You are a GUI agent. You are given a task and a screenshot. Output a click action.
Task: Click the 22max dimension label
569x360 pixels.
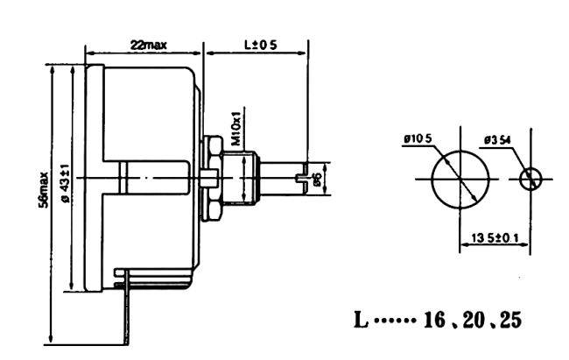[144, 44]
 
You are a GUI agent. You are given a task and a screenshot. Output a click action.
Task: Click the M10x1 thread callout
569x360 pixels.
[235, 129]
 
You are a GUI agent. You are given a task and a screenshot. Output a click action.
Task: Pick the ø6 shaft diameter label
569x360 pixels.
[319, 179]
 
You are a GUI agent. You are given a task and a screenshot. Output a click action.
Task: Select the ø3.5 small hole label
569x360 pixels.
[499, 138]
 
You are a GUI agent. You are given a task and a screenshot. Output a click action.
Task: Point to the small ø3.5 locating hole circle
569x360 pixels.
[530, 180]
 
